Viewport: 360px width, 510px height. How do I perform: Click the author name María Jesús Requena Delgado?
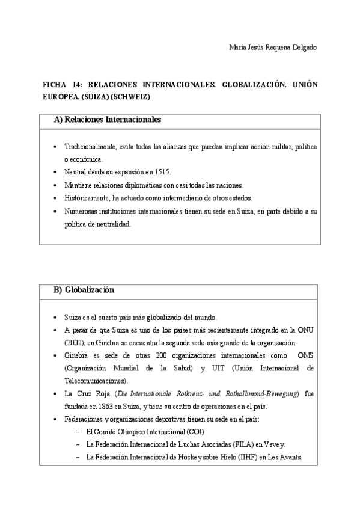pos(273,47)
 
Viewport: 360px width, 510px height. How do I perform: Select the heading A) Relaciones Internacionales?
pos(108,120)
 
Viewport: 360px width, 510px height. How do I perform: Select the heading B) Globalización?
pos(84,290)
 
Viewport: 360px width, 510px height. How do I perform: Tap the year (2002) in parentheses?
pos(74,343)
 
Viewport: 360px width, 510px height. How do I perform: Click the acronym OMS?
pos(306,355)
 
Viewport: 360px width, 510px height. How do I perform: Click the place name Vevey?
pos(275,444)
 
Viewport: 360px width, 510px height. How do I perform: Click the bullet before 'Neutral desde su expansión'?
pos(55,172)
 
